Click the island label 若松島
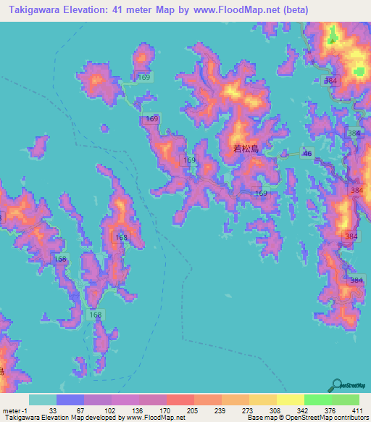pyautogui.click(x=246, y=149)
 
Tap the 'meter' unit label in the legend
pyautogui.click(x=12, y=410)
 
